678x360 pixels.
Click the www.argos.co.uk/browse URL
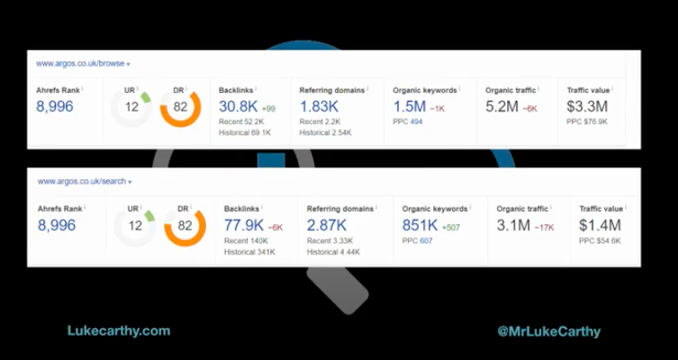[78, 64]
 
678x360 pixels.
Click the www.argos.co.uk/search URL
[81, 182]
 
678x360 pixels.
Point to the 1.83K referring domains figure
[319, 106]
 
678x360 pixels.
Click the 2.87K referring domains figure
[327, 226]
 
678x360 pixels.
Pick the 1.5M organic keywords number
[409, 106]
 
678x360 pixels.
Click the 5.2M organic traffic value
[502, 106]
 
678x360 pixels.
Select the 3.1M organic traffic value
[513, 226]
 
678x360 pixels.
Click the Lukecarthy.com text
[119, 330]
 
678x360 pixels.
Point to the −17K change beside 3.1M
[545, 228]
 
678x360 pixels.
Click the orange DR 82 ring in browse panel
[180, 107]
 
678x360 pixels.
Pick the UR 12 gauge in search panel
[135, 226]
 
